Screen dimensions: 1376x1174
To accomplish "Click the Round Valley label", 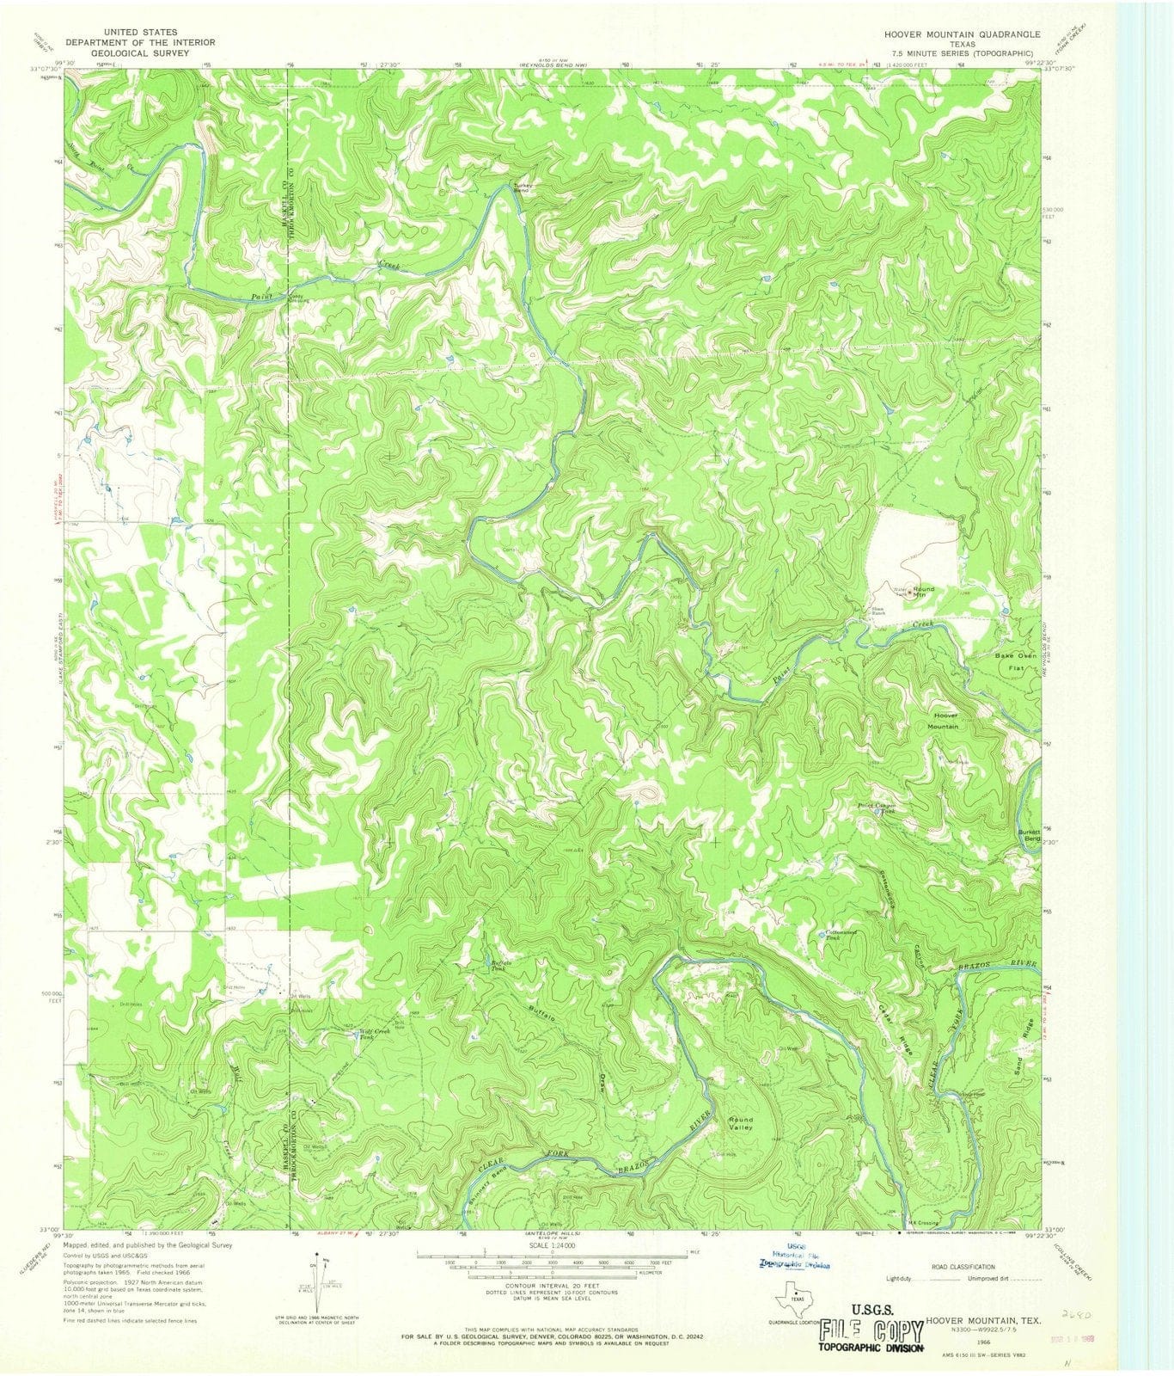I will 741,1124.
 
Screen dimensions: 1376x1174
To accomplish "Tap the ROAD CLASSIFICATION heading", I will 965,1267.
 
